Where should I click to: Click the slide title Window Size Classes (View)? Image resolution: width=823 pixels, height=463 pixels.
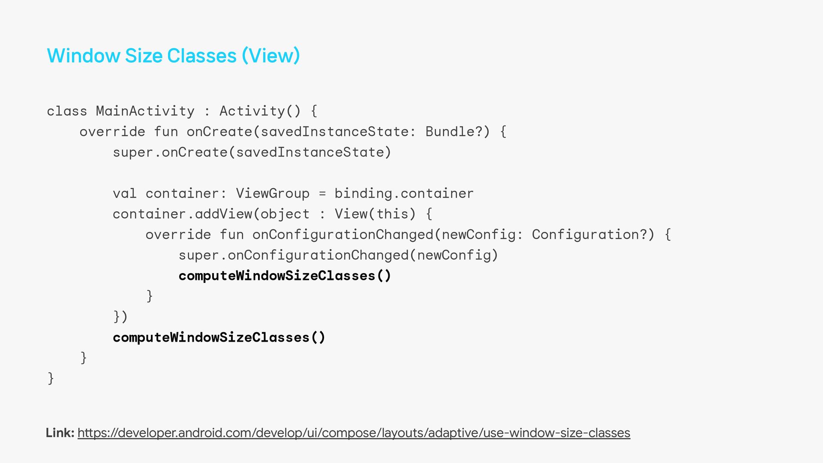coord(173,56)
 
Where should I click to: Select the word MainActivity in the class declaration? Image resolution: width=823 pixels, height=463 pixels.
coord(145,111)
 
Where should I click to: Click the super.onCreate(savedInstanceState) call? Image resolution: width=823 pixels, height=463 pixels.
coord(252,152)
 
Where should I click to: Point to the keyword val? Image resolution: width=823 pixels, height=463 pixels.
coord(124,193)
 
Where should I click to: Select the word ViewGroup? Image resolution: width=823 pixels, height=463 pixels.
coord(273,193)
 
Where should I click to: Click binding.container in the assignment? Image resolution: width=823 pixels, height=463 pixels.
coord(404,193)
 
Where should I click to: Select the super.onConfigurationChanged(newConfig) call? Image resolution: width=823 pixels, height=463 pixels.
coord(338,255)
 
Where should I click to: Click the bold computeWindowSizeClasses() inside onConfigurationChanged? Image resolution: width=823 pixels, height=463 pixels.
coord(285,276)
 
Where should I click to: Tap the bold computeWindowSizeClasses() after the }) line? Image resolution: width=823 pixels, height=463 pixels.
coord(219,337)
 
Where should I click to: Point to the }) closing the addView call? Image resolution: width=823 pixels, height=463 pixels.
coord(120,317)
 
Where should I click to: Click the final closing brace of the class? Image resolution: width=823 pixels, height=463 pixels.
coord(51,378)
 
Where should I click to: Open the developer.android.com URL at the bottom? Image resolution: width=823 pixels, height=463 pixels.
coord(354,433)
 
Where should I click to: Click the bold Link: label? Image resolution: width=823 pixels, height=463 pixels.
coord(60,433)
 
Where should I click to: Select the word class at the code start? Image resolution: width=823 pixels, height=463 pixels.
coord(67,111)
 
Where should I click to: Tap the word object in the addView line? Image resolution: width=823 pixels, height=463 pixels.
coord(285,214)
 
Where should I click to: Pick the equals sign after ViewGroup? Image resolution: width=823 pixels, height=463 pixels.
coord(322,194)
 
